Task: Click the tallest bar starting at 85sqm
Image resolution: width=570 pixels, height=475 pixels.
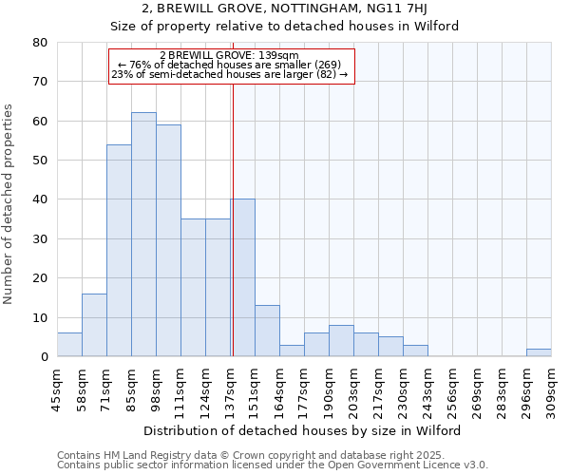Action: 143,235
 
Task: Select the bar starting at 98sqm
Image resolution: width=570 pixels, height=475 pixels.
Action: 168,240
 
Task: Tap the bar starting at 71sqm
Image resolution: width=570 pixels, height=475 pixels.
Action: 119,251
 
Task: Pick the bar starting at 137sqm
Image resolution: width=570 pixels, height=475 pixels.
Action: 242,277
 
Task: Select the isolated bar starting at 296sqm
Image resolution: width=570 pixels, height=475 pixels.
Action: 539,352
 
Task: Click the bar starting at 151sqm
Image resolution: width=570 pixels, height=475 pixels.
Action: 267,331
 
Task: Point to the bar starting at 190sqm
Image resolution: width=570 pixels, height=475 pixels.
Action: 341,341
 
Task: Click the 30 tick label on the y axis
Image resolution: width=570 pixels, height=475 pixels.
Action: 40,239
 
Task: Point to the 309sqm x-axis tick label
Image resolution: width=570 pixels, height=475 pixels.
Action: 551,387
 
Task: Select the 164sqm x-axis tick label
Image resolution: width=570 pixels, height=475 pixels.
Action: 279,387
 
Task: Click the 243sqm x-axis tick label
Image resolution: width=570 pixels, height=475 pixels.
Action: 427,387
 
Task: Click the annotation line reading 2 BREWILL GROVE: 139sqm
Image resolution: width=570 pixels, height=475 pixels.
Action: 230,55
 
